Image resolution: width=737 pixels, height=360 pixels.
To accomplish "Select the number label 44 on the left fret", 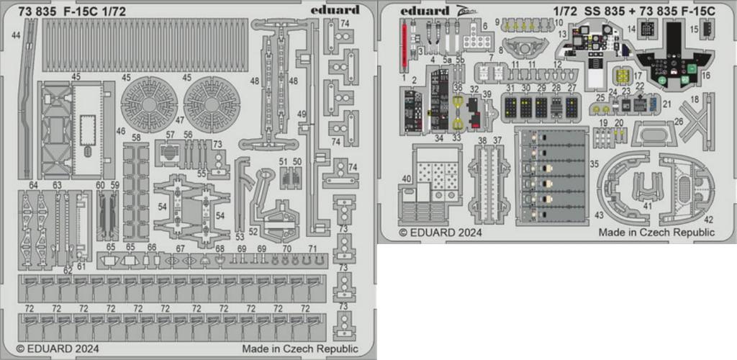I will tap(16, 34).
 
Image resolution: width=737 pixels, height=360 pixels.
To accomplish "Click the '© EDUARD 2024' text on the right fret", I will tap(440, 233).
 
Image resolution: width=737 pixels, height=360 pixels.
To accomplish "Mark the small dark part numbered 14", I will tap(648, 29).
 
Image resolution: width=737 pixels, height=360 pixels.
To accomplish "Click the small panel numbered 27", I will tap(572, 107).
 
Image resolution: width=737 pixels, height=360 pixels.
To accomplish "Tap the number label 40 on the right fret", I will tap(407, 179).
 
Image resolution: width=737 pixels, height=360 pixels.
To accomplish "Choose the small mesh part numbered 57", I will tap(170, 153).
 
